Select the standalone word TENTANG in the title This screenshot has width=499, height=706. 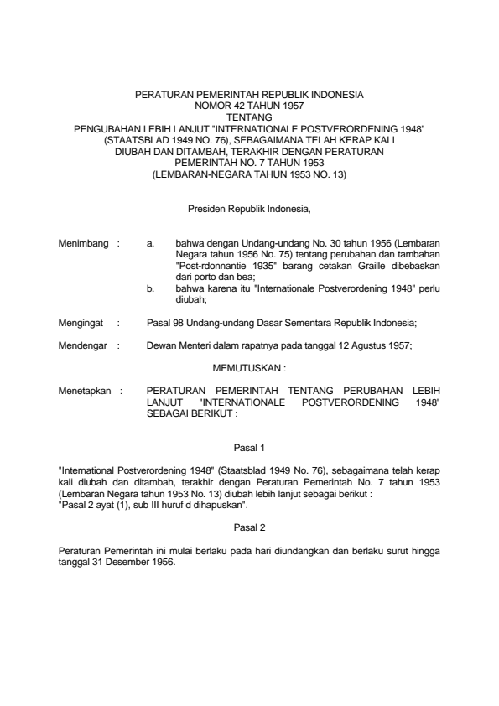click(x=249, y=117)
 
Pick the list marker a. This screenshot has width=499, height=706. click(x=149, y=243)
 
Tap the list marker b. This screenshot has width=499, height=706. click(x=149, y=288)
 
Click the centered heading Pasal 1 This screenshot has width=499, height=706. click(x=249, y=449)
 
